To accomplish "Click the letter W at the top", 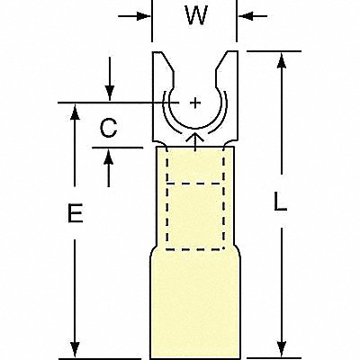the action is tap(196, 15).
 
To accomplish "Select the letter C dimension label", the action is tap(108, 128).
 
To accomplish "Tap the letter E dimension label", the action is tap(75, 213).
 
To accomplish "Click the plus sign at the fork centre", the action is tap(195, 103).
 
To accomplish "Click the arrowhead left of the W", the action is tap(143, 16).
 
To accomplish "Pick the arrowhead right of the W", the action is tap(246, 16).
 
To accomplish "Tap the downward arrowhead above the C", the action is tap(110, 93).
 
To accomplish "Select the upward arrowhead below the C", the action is tap(109, 157).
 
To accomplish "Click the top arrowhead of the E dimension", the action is tap(75, 112).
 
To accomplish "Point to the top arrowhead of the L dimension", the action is tap(282, 61).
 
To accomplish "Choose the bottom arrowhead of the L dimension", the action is tap(282, 349).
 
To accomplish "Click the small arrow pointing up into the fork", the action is tap(195, 143).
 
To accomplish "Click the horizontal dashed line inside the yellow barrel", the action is tap(195, 183).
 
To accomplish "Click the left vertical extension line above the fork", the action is tap(152, 21).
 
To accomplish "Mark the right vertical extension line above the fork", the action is tap(237, 21).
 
